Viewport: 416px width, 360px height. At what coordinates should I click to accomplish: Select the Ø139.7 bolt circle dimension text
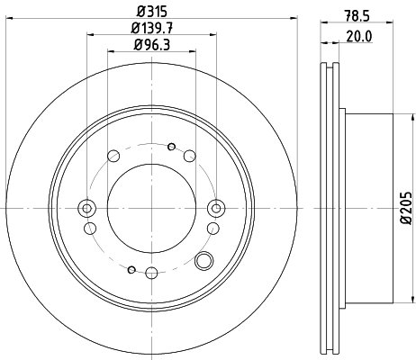click(x=150, y=29)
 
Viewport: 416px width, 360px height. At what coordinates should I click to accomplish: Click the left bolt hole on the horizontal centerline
click(x=87, y=208)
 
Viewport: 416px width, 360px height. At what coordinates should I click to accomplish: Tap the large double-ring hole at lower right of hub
click(x=204, y=262)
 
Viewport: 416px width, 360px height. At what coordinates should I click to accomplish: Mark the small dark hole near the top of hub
click(x=171, y=146)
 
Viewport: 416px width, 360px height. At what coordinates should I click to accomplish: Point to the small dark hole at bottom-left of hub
click(x=131, y=269)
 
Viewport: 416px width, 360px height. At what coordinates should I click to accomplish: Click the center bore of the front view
click(x=150, y=208)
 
